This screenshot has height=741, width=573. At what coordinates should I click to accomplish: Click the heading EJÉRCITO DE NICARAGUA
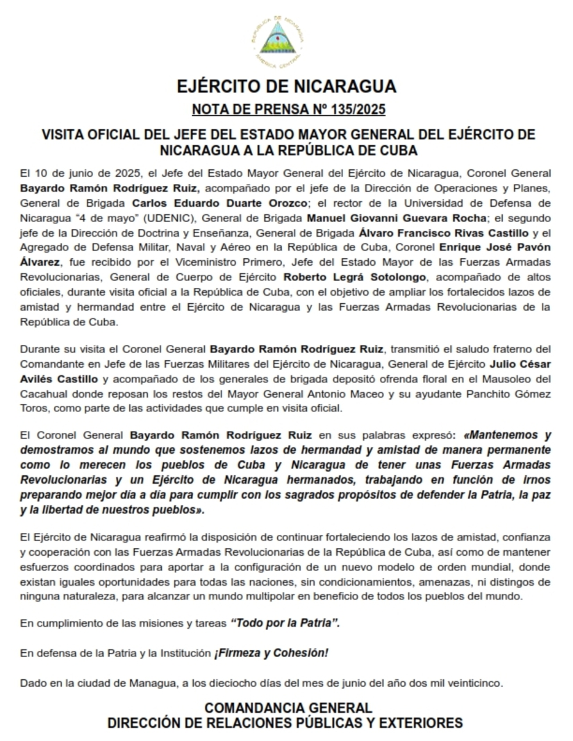[x=286, y=87]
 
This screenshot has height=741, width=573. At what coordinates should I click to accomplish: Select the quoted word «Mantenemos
[x=492, y=436]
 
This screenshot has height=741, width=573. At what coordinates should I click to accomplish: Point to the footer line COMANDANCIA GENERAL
[x=286, y=708]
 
